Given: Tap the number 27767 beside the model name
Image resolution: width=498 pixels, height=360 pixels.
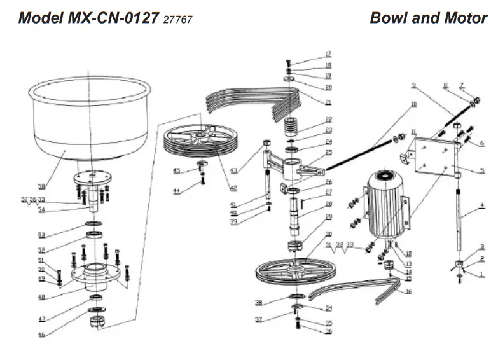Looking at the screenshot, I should [x=177, y=19].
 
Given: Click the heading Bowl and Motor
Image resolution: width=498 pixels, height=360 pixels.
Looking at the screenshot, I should [x=428, y=17].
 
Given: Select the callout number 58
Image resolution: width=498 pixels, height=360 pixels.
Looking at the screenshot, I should [x=41, y=187].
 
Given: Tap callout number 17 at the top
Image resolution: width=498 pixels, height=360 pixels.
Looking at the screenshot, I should [x=328, y=53].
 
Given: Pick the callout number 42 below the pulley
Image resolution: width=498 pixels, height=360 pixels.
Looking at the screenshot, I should [x=233, y=188].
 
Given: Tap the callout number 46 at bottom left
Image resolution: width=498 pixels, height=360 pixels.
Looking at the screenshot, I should [x=41, y=334].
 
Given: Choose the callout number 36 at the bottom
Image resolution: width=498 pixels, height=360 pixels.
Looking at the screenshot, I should [x=328, y=331].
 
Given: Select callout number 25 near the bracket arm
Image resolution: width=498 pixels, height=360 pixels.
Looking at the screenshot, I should [x=328, y=153].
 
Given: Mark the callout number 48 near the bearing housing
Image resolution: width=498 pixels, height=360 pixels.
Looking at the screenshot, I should [x=41, y=297].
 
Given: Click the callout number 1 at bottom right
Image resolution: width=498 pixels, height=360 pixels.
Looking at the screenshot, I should [x=482, y=274].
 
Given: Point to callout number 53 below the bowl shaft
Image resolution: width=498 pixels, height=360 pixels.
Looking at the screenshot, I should [x=41, y=234].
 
